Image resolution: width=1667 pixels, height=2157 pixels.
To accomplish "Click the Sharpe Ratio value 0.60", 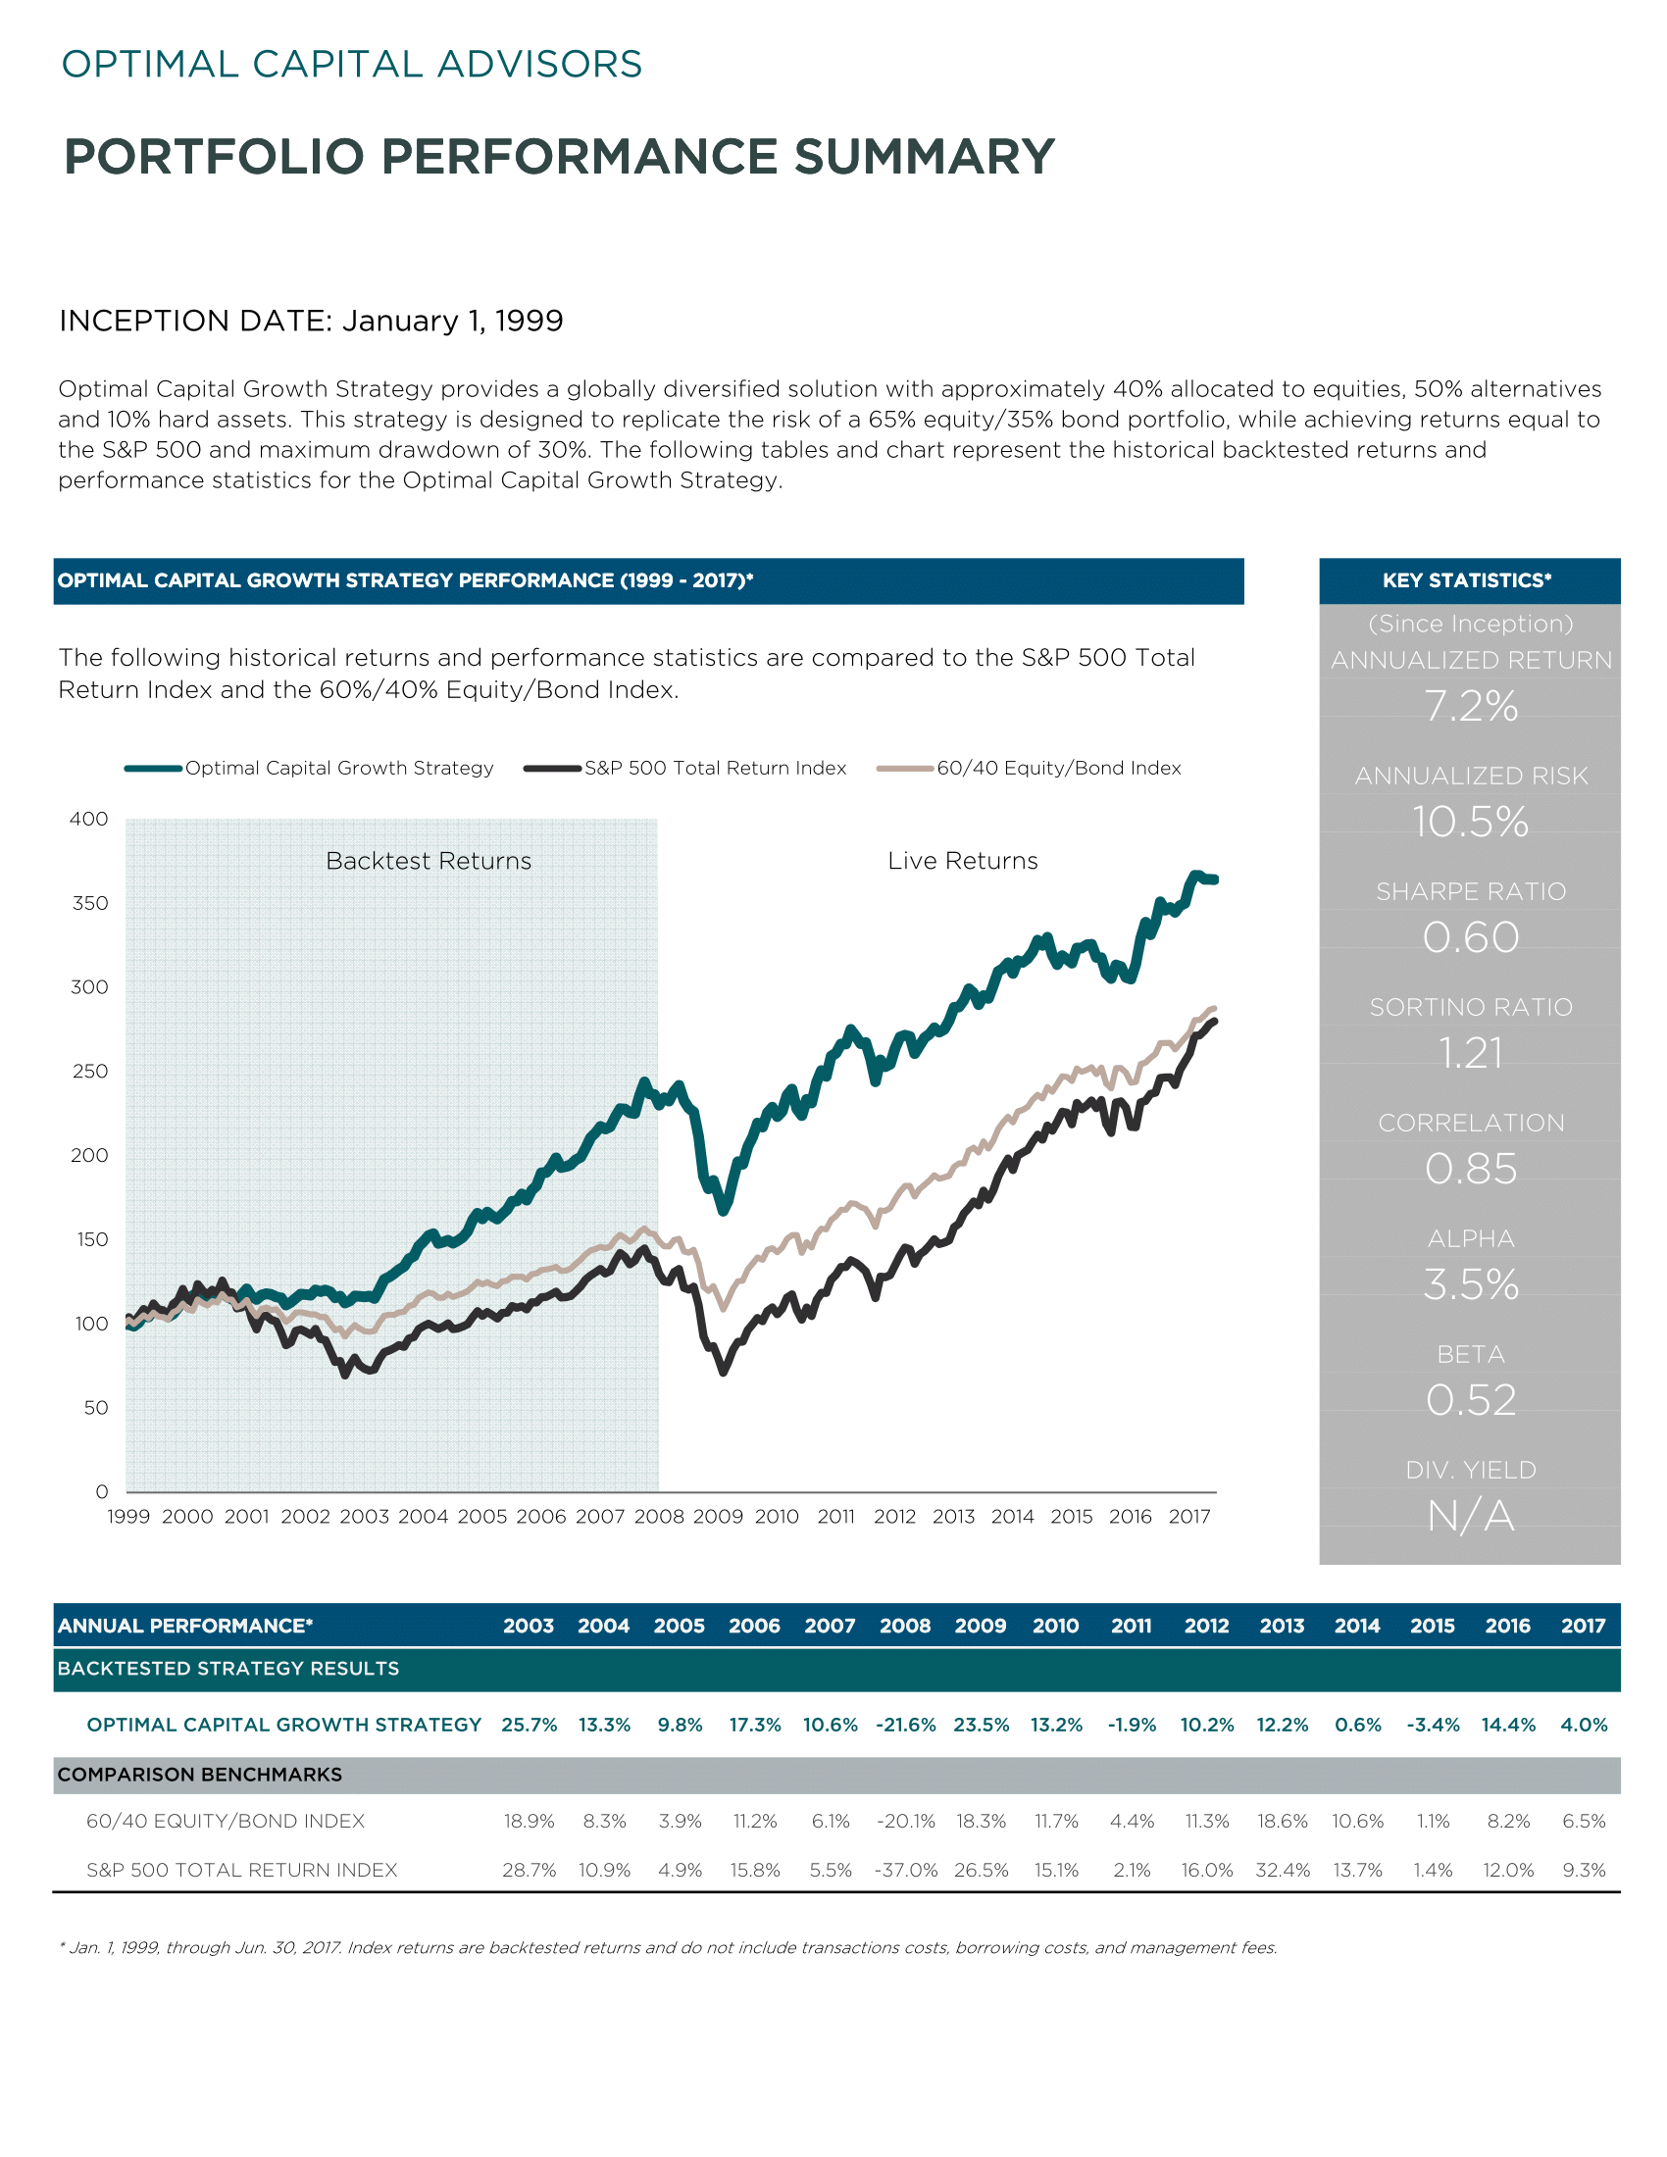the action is coord(1471,937).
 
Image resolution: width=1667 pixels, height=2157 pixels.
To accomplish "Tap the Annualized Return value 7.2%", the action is coord(1471,706).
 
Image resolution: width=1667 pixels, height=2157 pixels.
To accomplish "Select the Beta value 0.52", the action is coord(1471,1399).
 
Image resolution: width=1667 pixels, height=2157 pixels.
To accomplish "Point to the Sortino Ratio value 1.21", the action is coord(1471,1053).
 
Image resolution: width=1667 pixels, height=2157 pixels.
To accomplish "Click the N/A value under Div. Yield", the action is coord(1471,1515).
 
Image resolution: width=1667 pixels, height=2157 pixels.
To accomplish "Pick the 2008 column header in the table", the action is coord(905,1625).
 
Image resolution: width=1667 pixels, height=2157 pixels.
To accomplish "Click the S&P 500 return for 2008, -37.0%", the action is coord(906,1870).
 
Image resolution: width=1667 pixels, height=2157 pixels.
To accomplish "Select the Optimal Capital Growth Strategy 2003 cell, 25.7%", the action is coord(530,1725).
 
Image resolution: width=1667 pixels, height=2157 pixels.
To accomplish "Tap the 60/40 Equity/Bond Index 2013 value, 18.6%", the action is coord(1282,1821).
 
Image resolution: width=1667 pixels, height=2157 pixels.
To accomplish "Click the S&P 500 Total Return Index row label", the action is coord(242,1870).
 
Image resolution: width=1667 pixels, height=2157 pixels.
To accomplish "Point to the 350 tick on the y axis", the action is coord(90,903).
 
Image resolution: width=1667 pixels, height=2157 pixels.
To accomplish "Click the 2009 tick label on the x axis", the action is coord(718,1516).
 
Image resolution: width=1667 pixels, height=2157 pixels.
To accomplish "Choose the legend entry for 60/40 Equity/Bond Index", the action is coord(1029,768).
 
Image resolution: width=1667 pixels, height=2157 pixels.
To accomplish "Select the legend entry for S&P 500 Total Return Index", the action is coord(685,768).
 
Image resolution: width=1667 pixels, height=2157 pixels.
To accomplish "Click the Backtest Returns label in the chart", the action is coord(429,860).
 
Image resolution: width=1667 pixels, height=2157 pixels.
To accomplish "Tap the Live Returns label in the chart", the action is coord(963,860).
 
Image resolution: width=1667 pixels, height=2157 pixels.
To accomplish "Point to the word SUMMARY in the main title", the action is coord(926,156).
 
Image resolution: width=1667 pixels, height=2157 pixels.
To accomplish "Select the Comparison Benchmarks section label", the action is coord(199,1774).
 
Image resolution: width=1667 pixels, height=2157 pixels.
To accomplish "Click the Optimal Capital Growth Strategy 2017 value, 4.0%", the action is coord(1584,1725).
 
